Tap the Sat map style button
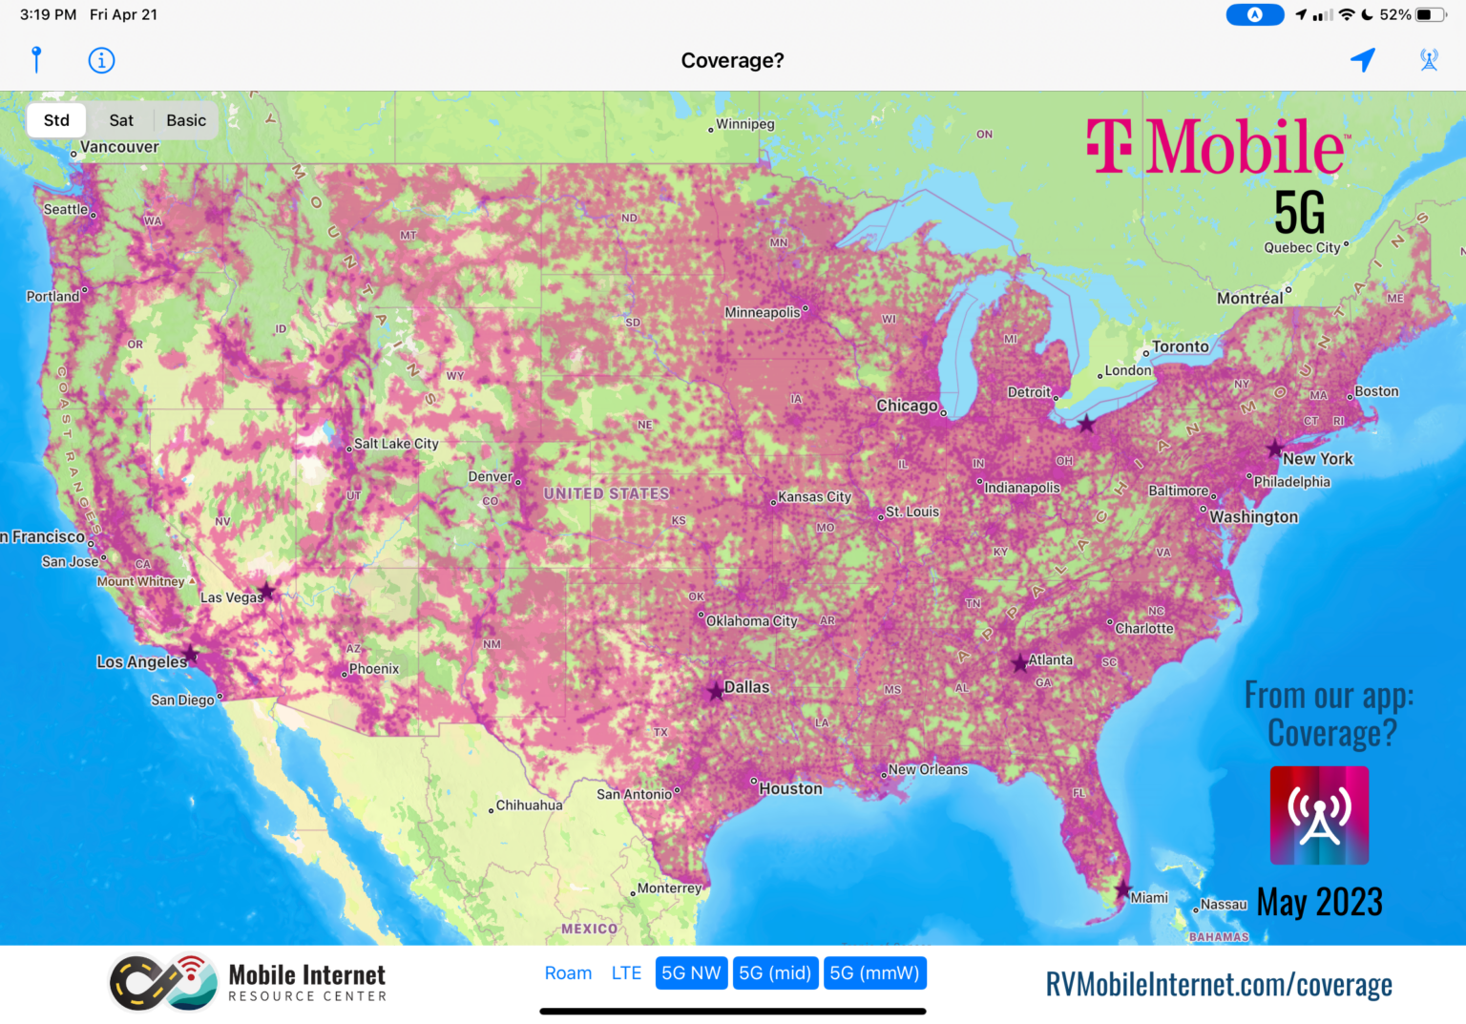pos(121,120)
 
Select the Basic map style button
pos(186,120)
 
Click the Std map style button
pos(56,120)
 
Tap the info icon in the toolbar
pos(101,60)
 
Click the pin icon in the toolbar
pos(36,59)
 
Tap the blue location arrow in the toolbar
pos(1363,60)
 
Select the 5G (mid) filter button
pos(775,972)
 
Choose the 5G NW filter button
pos(691,972)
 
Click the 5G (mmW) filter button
pos(874,972)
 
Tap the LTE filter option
pos(626,972)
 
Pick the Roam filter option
pos(568,972)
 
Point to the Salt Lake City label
pos(396,444)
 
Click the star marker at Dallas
pos(716,691)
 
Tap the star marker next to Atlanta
pos(1019,662)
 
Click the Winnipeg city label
pos(745,124)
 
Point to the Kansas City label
pos(814,496)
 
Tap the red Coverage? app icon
pos(1319,815)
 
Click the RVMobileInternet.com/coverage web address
pos(1219,984)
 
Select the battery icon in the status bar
pos(1430,14)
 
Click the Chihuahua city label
pos(529,805)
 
